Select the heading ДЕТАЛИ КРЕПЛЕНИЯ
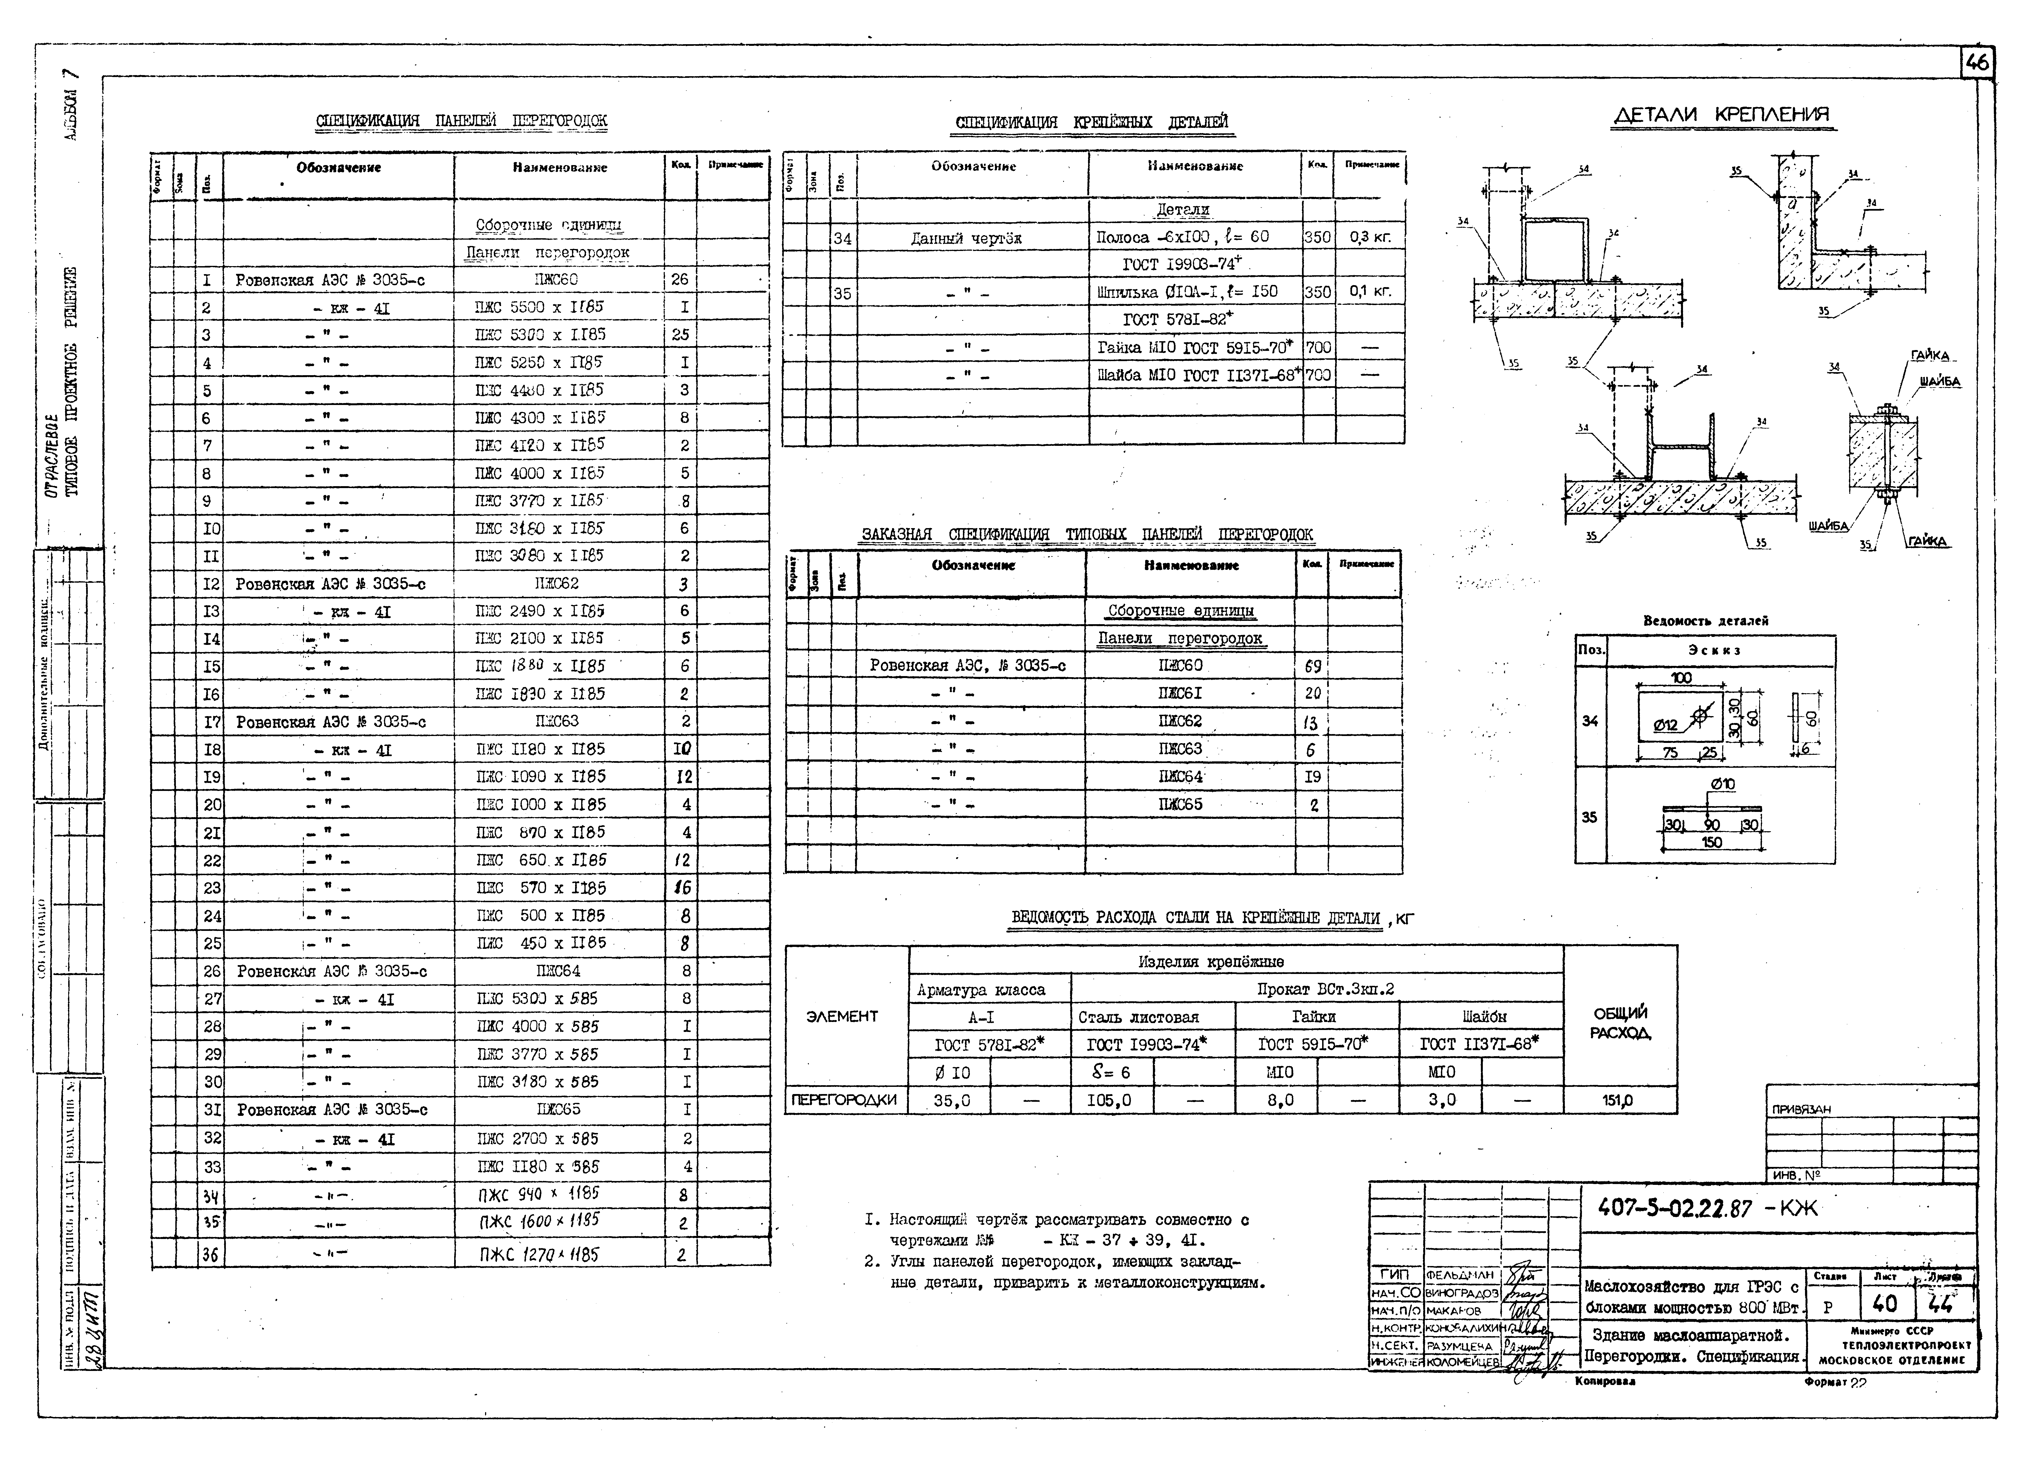(x=1722, y=115)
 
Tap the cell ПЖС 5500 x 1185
(x=540, y=307)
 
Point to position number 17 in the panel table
(x=210, y=721)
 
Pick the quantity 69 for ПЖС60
(x=1311, y=666)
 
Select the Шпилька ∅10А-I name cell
(x=1187, y=292)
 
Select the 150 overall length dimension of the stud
(x=1712, y=842)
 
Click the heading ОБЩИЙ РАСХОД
(x=1620, y=1023)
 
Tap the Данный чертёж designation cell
(x=967, y=238)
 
